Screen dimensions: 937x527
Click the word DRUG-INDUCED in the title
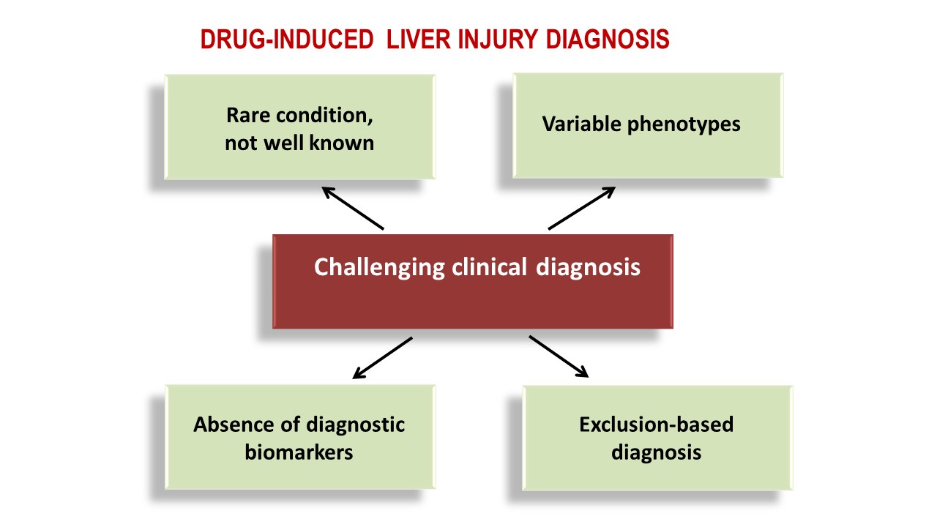[287, 40]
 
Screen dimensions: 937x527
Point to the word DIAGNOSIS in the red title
[608, 40]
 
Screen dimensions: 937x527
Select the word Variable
[581, 124]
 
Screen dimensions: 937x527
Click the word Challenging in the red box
[379, 268]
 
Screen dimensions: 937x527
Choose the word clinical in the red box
[489, 267]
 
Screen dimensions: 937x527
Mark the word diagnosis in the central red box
[588, 268]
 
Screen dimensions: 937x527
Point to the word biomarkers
[299, 452]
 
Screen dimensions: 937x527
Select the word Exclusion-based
[657, 425]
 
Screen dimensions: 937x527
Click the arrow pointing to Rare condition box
[353, 208]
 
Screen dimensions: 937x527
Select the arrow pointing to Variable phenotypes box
[582, 208]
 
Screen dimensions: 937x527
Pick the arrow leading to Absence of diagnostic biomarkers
[382, 358]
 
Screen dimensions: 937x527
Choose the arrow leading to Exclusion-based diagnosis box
[559, 356]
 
